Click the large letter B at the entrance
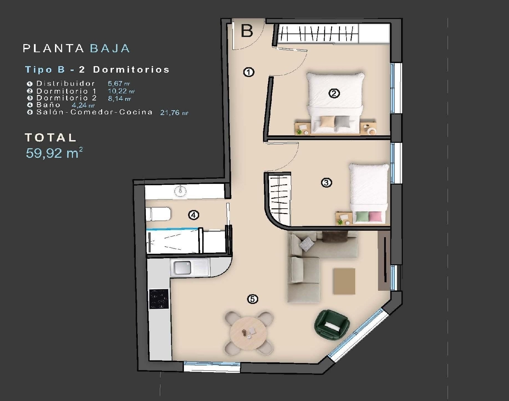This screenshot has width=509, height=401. pos(247,31)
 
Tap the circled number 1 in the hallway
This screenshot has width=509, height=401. pos(249,72)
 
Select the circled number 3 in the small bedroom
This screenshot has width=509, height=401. pos(326,183)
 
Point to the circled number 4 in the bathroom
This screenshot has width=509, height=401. pos(193,215)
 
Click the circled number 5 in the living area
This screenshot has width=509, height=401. pos(252,299)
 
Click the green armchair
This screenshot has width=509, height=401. pos(332,323)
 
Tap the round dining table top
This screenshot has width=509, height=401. pos(248,333)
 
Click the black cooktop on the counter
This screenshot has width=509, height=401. pos(159,299)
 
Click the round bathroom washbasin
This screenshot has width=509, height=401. pos(180,192)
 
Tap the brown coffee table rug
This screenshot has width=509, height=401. pos(344,281)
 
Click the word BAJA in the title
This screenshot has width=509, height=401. pos(110,49)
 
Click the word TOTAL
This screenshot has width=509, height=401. pos(51,137)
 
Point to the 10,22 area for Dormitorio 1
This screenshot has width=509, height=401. pos(117,91)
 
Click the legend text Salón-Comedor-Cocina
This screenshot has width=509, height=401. pos(94,112)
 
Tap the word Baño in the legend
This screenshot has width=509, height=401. pos(48,105)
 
